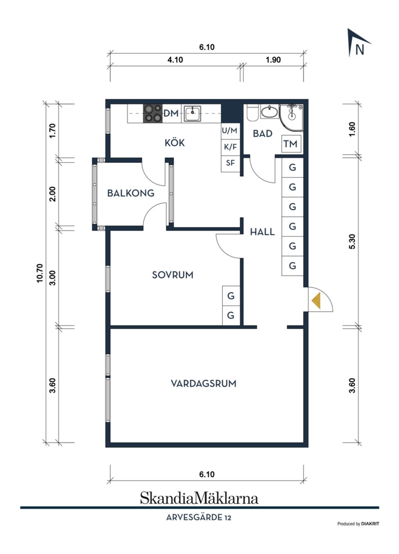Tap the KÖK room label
[175, 143]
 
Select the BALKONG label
[131, 193]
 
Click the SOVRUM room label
[172, 275]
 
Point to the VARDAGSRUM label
[203, 383]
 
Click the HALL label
[262, 232]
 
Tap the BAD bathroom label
[263, 133]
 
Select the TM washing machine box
[291, 144]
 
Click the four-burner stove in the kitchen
[153, 113]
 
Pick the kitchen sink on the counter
[192, 113]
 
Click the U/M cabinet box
[230, 130]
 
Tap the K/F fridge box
[230, 147]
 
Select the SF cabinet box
[230, 163]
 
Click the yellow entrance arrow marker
[316, 300]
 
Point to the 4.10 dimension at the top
[175, 60]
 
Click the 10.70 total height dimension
[40, 273]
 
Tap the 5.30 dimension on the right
[352, 241]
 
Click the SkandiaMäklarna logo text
[199, 497]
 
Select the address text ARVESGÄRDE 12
[199, 517]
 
